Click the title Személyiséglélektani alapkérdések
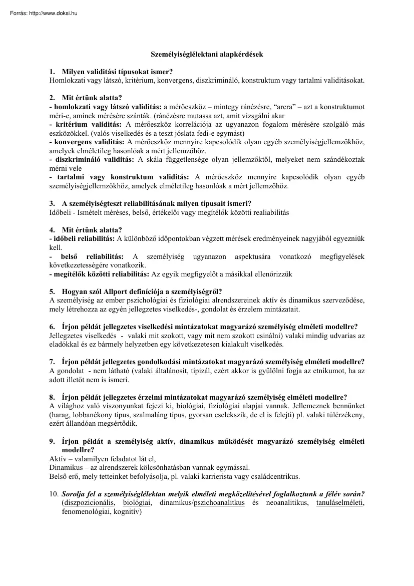207,54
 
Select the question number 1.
52,72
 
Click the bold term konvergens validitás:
90,142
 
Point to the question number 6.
52,327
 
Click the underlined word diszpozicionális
88,503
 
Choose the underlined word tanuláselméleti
340,503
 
